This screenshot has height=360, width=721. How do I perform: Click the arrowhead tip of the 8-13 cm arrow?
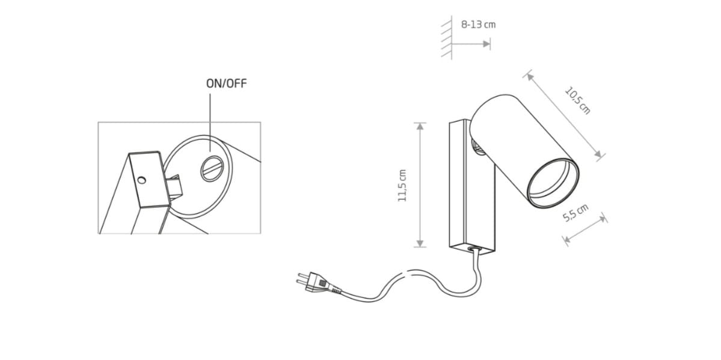(490, 44)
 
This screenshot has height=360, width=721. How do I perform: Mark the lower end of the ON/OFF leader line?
(210, 151)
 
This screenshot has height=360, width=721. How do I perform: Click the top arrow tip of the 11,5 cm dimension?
(420, 123)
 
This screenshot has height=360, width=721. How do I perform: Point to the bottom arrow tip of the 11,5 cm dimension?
(420, 247)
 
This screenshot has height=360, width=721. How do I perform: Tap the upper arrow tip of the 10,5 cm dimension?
(527, 74)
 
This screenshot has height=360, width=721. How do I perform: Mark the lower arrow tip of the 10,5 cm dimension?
(601, 157)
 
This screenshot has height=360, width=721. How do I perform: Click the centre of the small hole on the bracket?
(142, 180)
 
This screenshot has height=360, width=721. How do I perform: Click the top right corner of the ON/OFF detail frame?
(261, 122)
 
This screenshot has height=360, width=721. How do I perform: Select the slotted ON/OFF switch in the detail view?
(212, 168)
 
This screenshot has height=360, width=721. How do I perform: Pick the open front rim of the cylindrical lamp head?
(552, 183)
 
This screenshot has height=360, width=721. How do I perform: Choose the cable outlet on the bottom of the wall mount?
(473, 248)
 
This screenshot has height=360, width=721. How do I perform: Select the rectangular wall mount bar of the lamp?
(472, 187)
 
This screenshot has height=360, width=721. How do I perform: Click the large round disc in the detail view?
(198, 176)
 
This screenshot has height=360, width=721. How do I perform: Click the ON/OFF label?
(226, 84)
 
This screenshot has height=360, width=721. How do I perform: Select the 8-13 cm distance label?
(478, 25)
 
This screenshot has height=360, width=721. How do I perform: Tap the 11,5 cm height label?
(402, 185)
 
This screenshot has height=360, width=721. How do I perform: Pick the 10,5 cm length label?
(577, 101)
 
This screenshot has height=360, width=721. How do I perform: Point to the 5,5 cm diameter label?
(575, 213)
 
